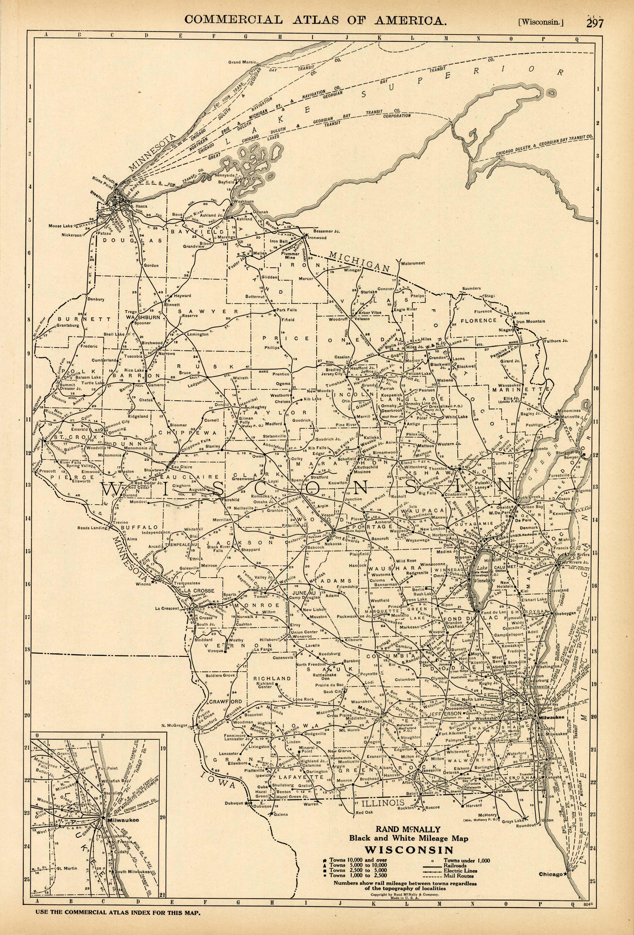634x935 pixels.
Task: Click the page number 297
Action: (595, 23)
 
